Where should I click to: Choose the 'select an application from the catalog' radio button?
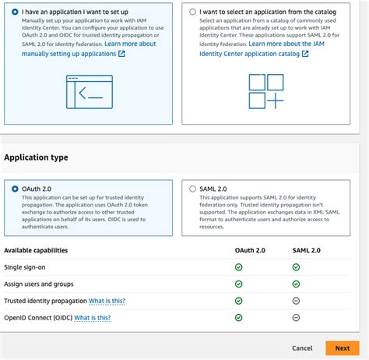pyautogui.click(x=193, y=12)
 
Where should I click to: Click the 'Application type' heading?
pyautogui.click(x=36, y=157)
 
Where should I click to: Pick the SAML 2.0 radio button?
pyautogui.click(x=193, y=189)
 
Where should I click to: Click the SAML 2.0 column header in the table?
pyautogui.click(x=296, y=250)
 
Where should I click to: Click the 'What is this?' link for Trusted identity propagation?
pyautogui.click(x=107, y=301)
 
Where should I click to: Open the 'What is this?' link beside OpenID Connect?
pyautogui.click(x=92, y=318)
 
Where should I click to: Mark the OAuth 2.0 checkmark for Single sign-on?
pyautogui.click(x=239, y=266)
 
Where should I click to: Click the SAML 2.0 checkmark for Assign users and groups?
pyautogui.click(x=296, y=284)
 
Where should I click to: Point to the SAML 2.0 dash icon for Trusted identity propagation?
pyautogui.click(x=296, y=301)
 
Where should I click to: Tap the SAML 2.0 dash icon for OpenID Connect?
pyautogui.click(x=296, y=318)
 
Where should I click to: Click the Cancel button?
pyautogui.click(x=302, y=348)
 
